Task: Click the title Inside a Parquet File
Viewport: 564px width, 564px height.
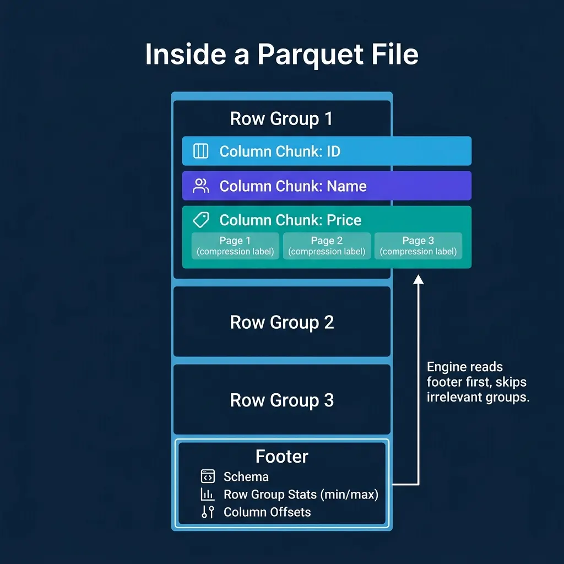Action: point(281,55)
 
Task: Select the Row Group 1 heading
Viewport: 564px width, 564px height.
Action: point(281,119)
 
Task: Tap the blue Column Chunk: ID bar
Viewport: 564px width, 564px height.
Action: point(327,151)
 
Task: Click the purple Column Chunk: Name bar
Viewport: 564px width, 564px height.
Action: point(327,186)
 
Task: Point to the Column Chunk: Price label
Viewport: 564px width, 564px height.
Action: point(290,220)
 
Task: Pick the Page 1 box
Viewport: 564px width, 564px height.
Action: point(235,246)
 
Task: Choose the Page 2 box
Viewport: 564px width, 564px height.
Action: point(327,246)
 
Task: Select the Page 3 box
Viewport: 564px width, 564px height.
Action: point(418,246)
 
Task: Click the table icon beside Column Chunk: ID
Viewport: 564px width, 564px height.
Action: point(201,151)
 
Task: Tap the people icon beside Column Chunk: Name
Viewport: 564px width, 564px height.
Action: point(201,186)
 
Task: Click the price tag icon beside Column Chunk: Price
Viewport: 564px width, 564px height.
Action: point(201,220)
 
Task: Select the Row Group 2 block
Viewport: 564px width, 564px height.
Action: point(281,322)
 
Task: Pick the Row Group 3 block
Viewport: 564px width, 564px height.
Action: point(281,400)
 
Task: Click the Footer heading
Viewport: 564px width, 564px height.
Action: point(281,457)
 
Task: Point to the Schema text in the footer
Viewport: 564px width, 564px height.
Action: point(246,477)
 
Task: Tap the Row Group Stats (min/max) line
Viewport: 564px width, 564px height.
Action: point(301,495)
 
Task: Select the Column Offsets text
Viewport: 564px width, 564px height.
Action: point(267,512)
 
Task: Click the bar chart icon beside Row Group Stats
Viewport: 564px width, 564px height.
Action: point(208,495)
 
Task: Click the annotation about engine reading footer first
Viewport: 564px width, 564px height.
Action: point(478,382)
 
